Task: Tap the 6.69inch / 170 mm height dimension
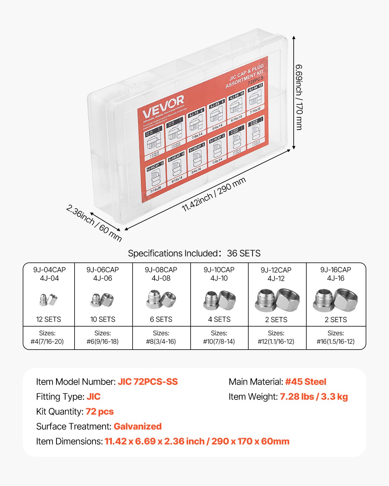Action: (x=299, y=97)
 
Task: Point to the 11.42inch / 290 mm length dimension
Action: (x=214, y=195)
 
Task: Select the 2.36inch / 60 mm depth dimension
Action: (x=94, y=223)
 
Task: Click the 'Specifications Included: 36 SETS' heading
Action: (x=194, y=253)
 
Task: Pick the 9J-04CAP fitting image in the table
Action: (x=48, y=299)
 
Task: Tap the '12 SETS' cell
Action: (x=48, y=319)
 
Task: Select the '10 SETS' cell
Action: (x=103, y=319)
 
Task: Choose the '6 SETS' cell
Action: (x=161, y=319)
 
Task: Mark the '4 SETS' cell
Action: (x=219, y=319)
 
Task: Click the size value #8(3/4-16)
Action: (x=161, y=341)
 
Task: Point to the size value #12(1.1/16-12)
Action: (x=276, y=341)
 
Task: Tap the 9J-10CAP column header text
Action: (x=219, y=270)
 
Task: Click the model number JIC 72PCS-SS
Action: (x=148, y=382)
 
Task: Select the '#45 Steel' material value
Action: (x=306, y=382)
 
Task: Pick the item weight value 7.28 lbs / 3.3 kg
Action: (x=314, y=397)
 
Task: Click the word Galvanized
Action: (x=137, y=426)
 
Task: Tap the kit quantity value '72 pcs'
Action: (x=100, y=411)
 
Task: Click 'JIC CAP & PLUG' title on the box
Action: (x=246, y=74)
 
